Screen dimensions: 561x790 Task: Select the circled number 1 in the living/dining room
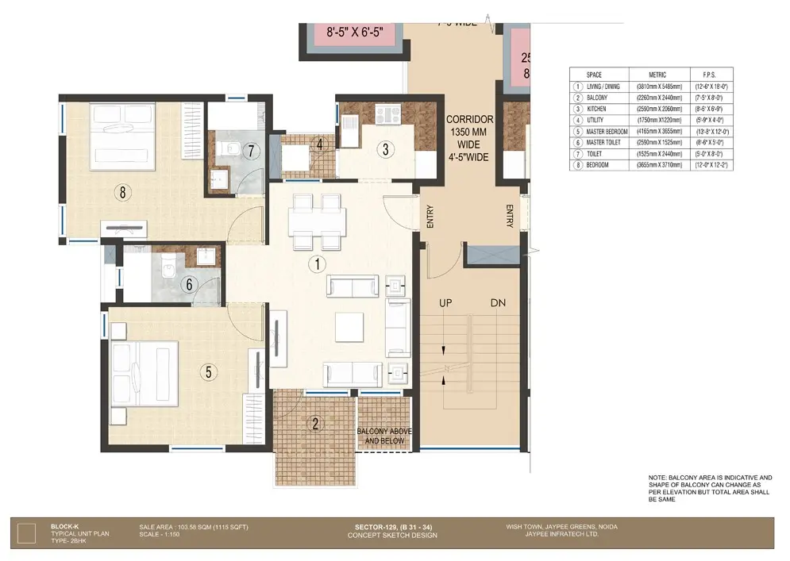[318, 263]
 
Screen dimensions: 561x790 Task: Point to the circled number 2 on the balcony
[315, 424]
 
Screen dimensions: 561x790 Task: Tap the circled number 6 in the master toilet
[189, 283]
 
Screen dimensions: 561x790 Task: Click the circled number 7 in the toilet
[250, 150]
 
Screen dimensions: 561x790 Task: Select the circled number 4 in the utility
[318, 144]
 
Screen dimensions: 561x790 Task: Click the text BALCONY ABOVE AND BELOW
[380, 436]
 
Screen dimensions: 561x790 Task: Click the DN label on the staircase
[499, 304]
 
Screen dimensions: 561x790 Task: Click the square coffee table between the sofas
[349, 327]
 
